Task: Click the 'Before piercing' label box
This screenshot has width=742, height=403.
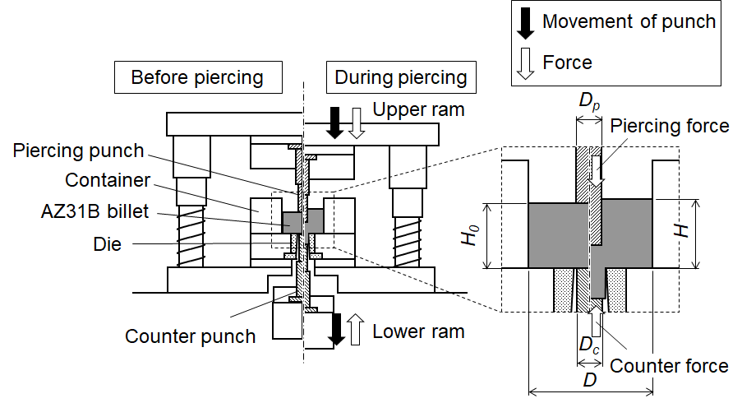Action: click(x=197, y=78)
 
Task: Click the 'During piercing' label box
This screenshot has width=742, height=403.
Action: click(x=400, y=78)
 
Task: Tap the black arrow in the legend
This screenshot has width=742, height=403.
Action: click(x=524, y=21)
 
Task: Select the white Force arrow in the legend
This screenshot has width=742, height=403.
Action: click(x=524, y=63)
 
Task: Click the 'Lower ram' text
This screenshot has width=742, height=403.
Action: click(x=418, y=332)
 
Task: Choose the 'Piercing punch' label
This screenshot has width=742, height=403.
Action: click(x=78, y=151)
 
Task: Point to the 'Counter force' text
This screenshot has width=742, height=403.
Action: click(x=670, y=365)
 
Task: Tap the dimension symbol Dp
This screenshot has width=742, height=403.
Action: click(x=588, y=103)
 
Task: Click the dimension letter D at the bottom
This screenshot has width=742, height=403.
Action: click(x=590, y=380)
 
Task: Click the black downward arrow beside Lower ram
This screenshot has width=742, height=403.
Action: click(x=335, y=328)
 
